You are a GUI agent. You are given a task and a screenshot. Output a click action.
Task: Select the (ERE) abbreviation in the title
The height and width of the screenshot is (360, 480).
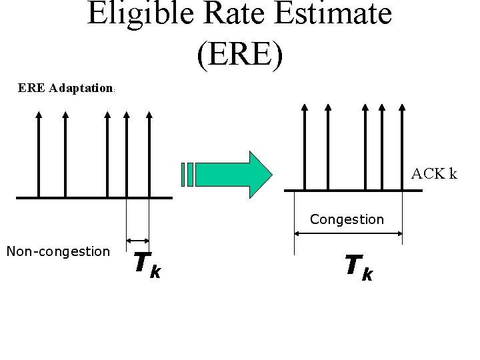(240, 55)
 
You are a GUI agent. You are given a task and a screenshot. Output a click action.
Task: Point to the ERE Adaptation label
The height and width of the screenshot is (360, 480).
(66, 88)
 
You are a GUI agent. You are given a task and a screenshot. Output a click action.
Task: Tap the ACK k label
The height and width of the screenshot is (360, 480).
(434, 174)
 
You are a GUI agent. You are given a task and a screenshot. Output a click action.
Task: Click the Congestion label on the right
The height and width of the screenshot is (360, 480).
(347, 219)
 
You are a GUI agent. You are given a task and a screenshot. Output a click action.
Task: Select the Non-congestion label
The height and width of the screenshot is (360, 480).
(57, 251)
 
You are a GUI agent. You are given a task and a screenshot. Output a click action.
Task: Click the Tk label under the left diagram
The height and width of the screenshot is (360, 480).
(147, 263)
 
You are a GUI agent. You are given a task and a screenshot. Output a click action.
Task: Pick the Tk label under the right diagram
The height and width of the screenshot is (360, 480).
(359, 267)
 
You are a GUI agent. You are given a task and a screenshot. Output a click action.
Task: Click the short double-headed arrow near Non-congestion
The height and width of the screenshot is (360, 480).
(138, 241)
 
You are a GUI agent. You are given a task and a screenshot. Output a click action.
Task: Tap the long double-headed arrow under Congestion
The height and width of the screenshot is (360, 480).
(348, 233)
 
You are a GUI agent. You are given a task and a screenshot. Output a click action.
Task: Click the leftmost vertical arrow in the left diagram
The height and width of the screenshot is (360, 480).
(39, 153)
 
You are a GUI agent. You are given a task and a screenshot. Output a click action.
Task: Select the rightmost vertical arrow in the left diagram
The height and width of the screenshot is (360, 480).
(149, 153)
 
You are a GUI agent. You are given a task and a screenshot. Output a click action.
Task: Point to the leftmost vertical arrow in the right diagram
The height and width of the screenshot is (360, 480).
(304, 147)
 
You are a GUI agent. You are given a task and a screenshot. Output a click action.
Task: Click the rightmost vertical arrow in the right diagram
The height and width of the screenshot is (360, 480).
(402, 147)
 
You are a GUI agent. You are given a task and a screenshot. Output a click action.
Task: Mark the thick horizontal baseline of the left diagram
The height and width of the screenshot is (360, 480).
(94, 197)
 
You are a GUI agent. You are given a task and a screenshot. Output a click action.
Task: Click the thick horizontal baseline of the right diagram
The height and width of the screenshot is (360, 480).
(353, 191)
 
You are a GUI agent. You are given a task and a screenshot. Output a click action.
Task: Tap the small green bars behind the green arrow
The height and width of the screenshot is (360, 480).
(187, 175)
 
